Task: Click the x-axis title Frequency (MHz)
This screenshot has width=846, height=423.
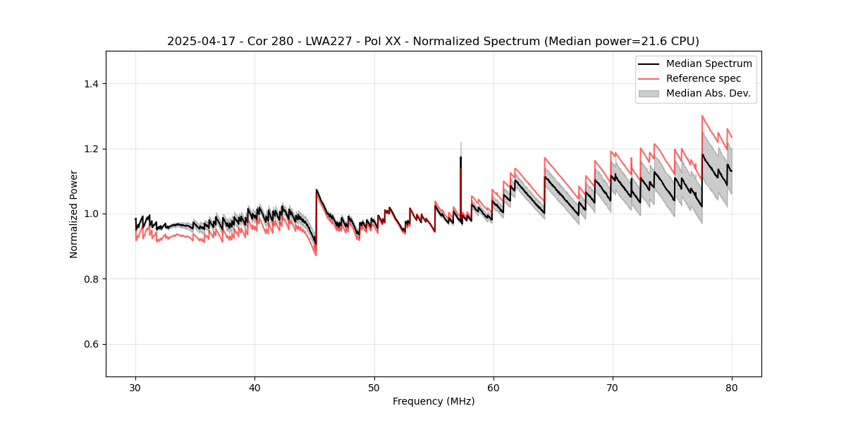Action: (x=434, y=401)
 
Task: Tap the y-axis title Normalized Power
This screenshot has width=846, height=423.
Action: (x=74, y=214)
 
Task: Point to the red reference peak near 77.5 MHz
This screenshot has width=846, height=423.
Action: (x=702, y=116)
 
